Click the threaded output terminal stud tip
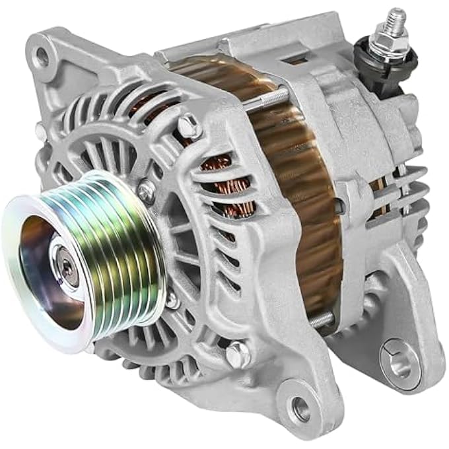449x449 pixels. tap(396, 18)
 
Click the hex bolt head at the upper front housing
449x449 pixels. tap(189, 125)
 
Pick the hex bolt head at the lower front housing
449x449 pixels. tap(238, 355)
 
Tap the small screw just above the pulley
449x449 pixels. tap(147, 191)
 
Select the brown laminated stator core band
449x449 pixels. tap(304, 198)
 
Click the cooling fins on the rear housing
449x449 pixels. tap(406, 198)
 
